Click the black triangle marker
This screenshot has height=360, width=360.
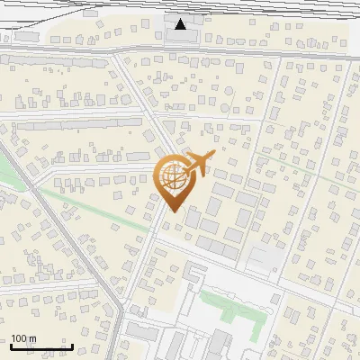[181, 23]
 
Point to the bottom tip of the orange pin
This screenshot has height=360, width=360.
[172, 211]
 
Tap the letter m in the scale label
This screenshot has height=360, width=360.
[32, 339]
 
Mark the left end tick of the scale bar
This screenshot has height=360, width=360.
[12, 346]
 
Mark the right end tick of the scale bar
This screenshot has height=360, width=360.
[72, 346]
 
